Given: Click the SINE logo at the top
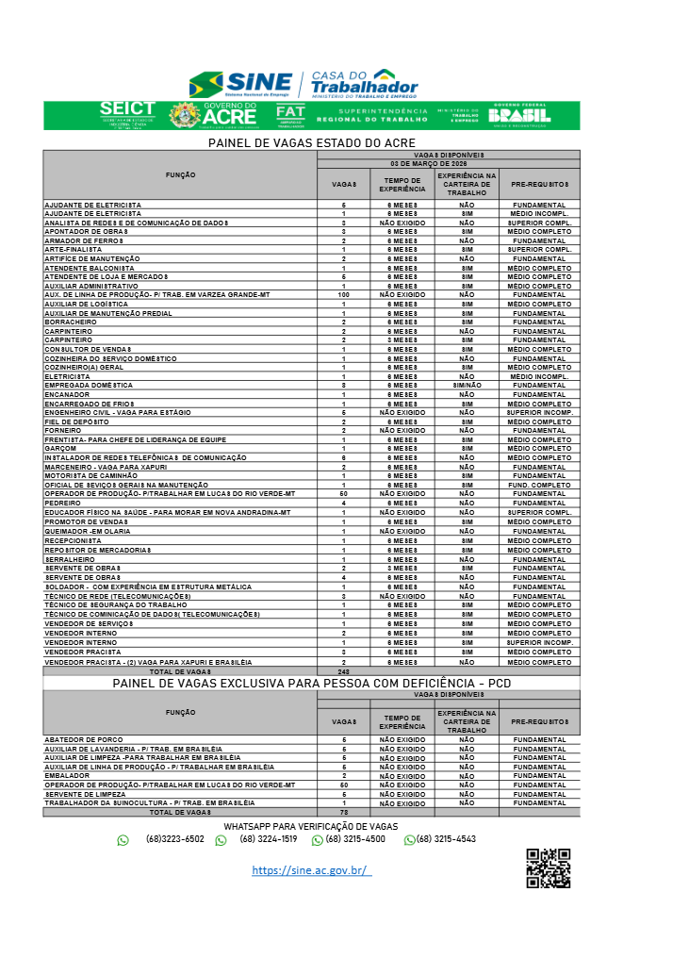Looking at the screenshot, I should click(x=242, y=84).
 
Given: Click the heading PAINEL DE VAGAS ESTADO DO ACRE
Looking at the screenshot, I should click(x=311, y=142).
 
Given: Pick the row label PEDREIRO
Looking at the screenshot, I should click(x=63, y=503).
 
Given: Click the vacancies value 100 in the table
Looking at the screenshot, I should click(x=343, y=294).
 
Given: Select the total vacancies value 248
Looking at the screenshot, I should click(x=343, y=671).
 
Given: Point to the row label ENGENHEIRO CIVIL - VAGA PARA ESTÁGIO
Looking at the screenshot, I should click(x=117, y=412).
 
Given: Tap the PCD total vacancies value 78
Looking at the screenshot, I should click(x=343, y=812).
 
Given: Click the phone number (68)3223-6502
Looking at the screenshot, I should click(x=174, y=839).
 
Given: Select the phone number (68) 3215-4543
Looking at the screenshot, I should click(x=446, y=839).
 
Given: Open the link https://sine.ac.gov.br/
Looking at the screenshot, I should click(x=311, y=870).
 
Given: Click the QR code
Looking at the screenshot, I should click(x=548, y=868).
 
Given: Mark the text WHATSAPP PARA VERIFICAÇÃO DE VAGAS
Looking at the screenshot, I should click(x=310, y=826).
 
